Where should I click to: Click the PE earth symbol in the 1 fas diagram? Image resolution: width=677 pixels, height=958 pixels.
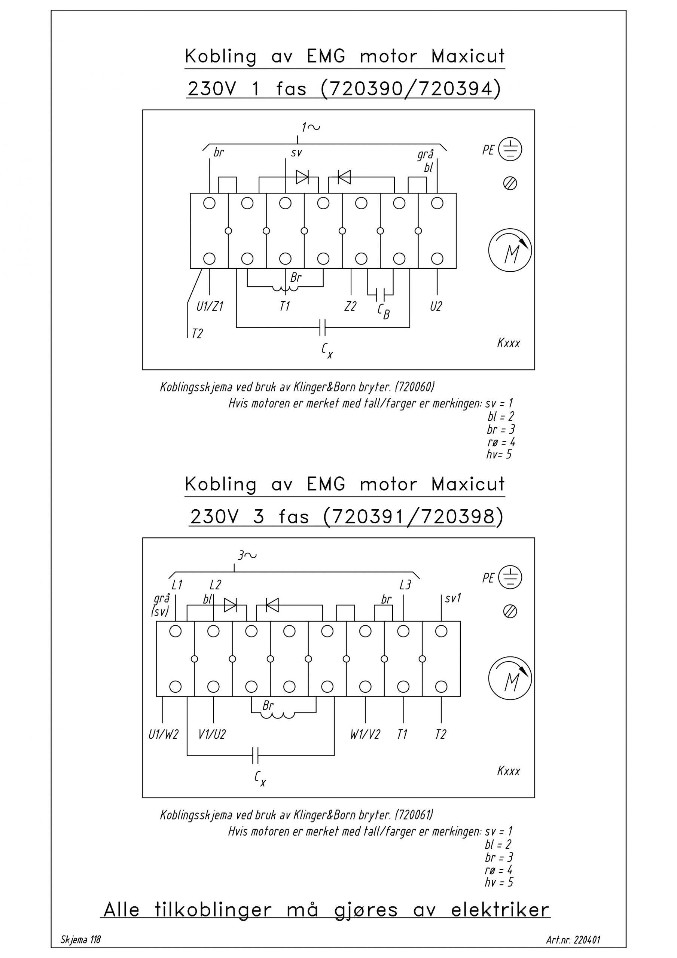[x=510, y=149]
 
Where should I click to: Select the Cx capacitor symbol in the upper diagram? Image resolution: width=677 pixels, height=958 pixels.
[x=322, y=327]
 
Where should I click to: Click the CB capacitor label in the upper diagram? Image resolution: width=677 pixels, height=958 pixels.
[x=384, y=312]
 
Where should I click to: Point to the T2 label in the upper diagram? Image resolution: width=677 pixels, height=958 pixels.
[x=197, y=334]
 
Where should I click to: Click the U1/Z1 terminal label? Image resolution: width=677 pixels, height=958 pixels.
[x=210, y=307]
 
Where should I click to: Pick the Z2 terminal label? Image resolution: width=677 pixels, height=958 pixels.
[x=351, y=307]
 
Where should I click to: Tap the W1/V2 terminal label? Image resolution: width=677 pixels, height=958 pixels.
[x=365, y=735]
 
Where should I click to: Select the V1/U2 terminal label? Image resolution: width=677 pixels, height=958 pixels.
[x=212, y=735]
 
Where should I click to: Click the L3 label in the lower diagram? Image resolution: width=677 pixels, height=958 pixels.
[x=405, y=585]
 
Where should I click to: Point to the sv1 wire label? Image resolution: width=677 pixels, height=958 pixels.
[x=453, y=599]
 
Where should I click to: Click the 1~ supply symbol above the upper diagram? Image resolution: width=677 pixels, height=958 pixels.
[x=311, y=127]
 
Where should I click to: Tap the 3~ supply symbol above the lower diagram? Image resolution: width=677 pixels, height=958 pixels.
[x=247, y=555]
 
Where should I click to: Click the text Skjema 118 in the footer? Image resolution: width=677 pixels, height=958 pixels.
[x=80, y=940]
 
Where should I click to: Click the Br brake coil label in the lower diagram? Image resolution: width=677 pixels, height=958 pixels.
[x=268, y=705]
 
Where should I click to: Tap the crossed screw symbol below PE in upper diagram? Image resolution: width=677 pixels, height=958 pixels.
[x=510, y=184]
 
